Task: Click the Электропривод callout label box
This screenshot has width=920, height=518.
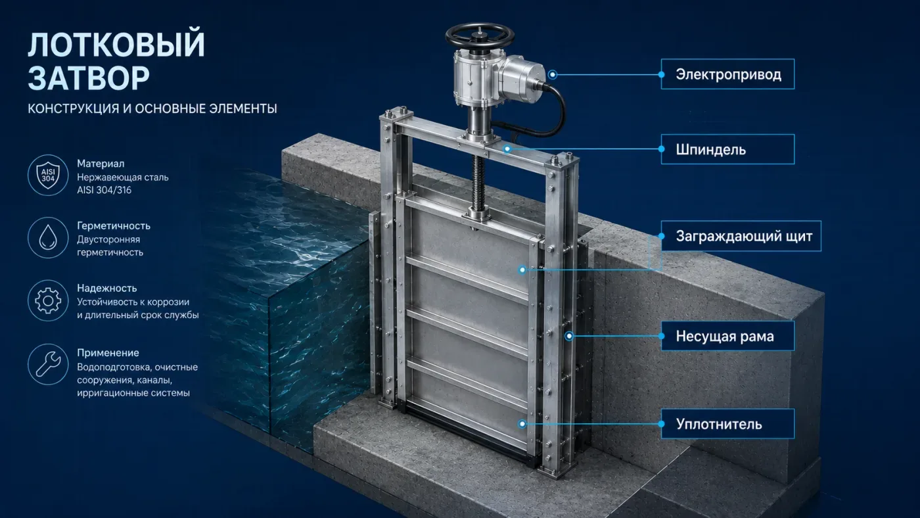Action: click(x=727, y=74)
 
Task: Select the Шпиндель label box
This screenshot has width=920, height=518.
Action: click(x=727, y=149)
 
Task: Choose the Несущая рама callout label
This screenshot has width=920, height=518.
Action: click(x=727, y=336)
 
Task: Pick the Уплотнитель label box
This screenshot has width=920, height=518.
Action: click(x=727, y=423)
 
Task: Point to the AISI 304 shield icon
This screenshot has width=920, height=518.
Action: click(x=48, y=175)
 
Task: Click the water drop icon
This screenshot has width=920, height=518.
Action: click(x=48, y=237)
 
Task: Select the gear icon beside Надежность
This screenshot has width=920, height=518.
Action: click(x=48, y=300)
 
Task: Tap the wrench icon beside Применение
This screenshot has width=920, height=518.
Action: click(x=48, y=364)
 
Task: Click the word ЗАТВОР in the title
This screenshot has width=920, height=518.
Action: click(x=89, y=78)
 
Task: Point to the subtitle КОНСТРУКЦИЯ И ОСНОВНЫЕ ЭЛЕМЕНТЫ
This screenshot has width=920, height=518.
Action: click(x=152, y=108)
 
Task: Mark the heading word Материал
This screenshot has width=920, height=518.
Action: click(x=101, y=164)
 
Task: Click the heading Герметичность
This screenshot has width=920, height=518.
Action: click(x=114, y=226)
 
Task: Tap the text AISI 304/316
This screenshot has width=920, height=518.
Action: click(x=104, y=190)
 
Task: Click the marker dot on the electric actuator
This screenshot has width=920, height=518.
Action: click(x=553, y=74)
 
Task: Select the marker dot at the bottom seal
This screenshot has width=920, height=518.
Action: click(x=522, y=423)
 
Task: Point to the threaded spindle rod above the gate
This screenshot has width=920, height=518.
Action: click(x=478, y=181)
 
